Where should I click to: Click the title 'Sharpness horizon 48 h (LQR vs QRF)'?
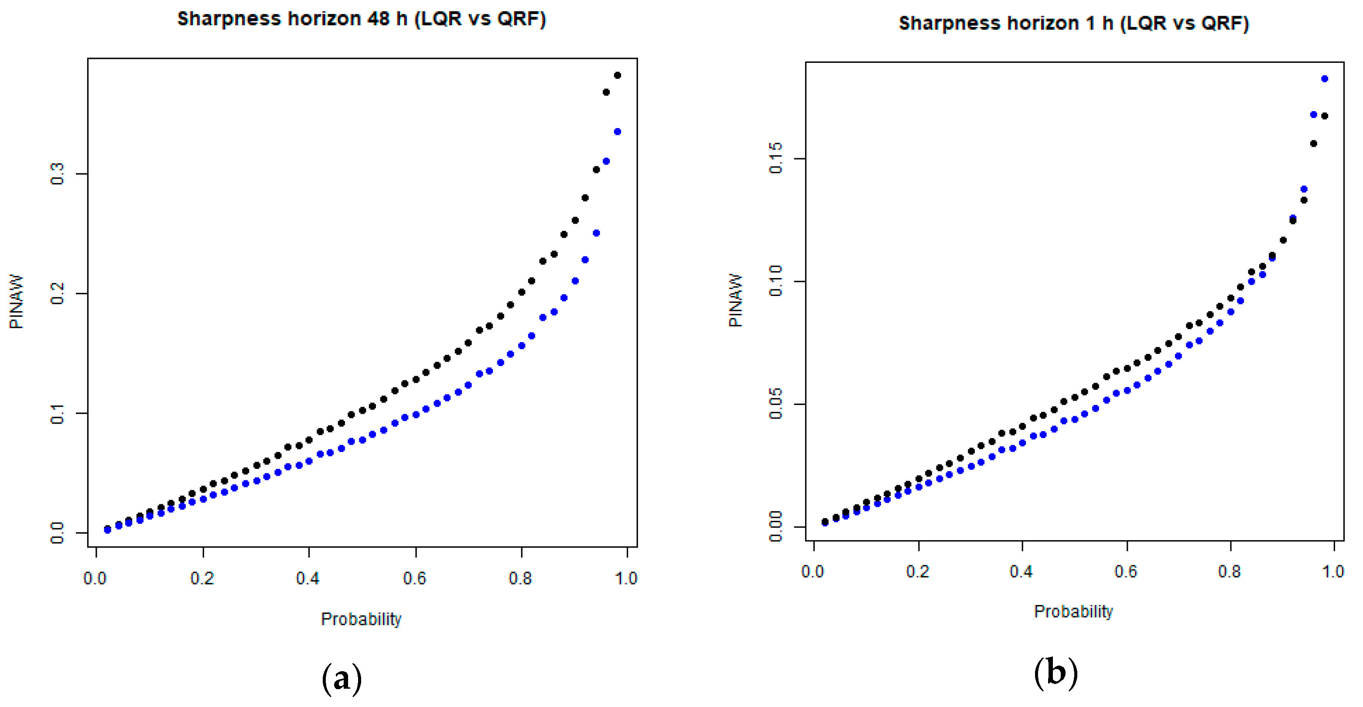coord(362,19)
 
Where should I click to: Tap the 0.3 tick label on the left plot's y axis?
coord(57,173)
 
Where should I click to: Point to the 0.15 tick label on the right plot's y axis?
coord(775,158)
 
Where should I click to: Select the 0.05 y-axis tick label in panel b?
coord(775,404)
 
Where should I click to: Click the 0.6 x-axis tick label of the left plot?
coord(414,578)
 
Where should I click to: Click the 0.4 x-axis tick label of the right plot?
coord(1021,571)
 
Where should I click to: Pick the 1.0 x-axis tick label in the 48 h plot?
coord(626,578)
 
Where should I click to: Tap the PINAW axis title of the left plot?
coord(17,302)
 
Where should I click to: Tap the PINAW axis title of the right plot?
coord(735,300)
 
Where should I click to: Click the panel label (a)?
coord(342,678)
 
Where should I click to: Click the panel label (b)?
coord(1055,673)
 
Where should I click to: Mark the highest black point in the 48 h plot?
coord(617,75)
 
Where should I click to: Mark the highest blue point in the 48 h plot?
coord(617,132)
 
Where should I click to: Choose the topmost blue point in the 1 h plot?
coord(1324,79)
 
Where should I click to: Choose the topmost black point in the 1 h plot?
coord(1324,116)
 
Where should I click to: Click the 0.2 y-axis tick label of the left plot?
coord(57,293)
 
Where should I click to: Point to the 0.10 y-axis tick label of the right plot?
coord(775,281)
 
